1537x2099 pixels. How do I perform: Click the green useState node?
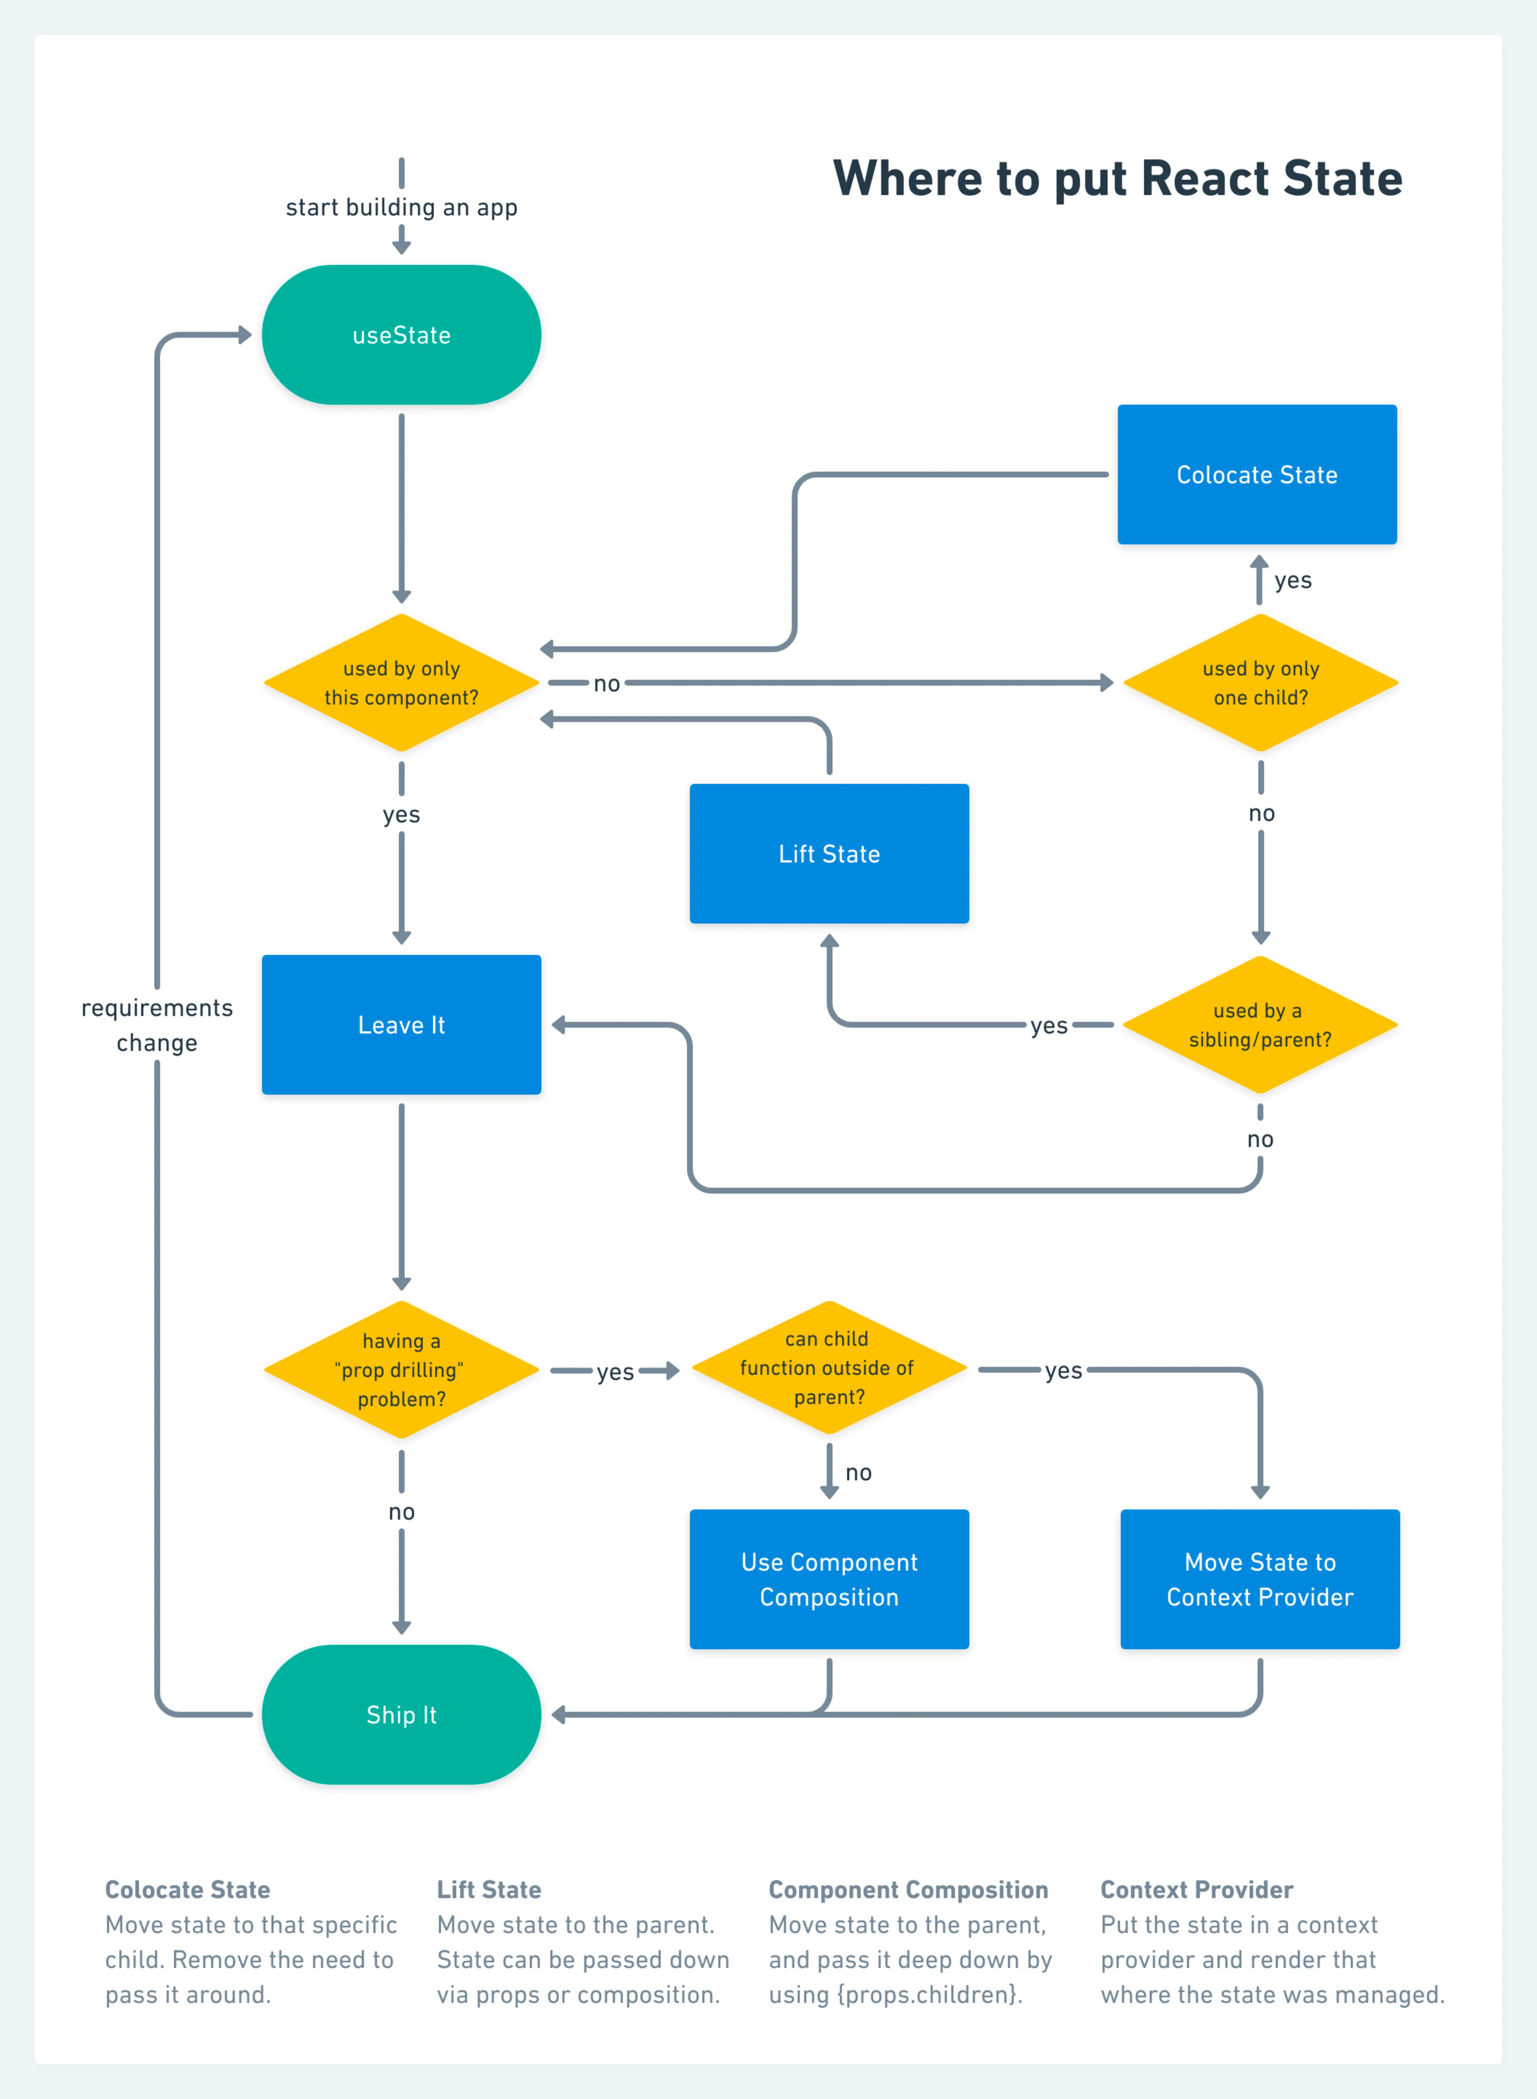point(401,335)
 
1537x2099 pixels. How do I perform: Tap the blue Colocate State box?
point(1257,475)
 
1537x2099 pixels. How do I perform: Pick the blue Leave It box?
point(401,1025)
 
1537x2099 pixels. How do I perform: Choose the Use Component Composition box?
point(829,1579)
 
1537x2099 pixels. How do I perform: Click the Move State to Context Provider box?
point(1260,1579)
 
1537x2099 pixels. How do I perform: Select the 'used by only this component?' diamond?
point(401,683)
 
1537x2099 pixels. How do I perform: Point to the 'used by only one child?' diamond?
point(1261,683)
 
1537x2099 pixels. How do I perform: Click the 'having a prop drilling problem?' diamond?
point(401,1369)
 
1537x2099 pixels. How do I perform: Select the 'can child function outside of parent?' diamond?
point(829,1367)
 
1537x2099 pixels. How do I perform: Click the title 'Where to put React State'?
point(1117,179)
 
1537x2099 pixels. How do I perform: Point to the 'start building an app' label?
point(401,207)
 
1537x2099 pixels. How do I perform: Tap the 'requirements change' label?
point(157,1025)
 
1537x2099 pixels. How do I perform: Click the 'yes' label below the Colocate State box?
point(1293,581)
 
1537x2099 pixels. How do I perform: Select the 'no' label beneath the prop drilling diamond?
point(401,1512)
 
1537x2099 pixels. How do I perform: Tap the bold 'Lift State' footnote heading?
point(489,1890)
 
